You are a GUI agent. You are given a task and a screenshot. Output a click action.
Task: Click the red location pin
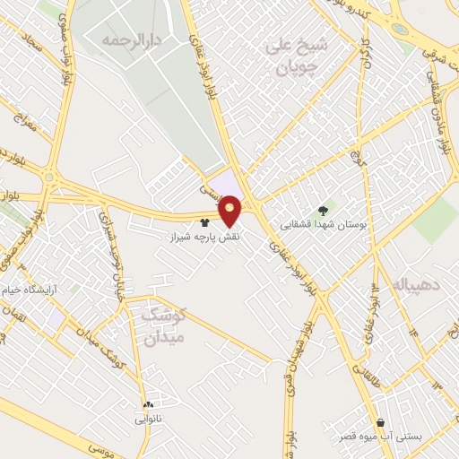[x=230, y=211]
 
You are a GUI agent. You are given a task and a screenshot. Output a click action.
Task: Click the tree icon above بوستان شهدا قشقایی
[x=323, y=210]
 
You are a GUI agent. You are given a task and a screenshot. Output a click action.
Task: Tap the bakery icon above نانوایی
[x=148, y=403]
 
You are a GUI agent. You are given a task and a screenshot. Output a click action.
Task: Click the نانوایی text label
[x=148, y=419]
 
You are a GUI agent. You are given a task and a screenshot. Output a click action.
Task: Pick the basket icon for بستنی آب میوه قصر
[x=381, y=422]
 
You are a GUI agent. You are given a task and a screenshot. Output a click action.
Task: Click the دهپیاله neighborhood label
[x=414, y=286]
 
